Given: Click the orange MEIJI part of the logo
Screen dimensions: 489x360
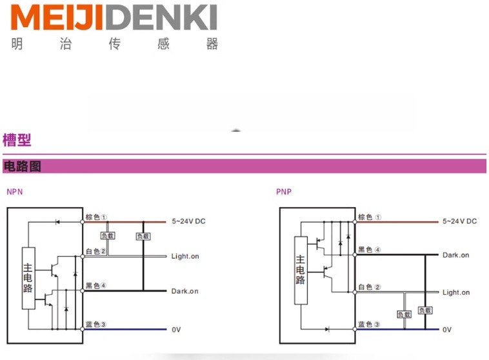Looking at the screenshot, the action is (x=57, y=17).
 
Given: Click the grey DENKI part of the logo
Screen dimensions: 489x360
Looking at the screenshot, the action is (x=161, y=17).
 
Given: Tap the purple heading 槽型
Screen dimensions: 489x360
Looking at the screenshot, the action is (x=17, y=140).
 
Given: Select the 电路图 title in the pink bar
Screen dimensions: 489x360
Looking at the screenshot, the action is (x=22, y=166).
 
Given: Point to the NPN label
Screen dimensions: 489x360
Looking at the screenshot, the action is (x=15, y=192).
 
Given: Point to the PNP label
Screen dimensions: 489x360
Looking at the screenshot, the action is (x=284, y=192).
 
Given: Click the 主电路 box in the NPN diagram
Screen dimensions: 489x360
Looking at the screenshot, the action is (x=28, y=278).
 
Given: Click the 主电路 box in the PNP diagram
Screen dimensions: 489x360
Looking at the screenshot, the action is (x=301, y=270).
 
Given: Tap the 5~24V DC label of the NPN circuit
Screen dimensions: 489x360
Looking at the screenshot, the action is (x=188, y=221).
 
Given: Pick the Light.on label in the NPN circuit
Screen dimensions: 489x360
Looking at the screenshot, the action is (x=185, y=256).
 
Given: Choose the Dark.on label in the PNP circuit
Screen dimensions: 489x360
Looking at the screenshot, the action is (x=456, y=255).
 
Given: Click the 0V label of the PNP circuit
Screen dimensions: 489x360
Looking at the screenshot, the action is (x=447, y=330).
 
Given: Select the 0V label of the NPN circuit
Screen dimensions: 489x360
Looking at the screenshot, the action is (x=176, y=330).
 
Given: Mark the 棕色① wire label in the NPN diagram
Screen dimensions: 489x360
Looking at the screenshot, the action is (x=96, y=217).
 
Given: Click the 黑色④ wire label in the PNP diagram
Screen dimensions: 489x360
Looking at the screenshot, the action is (x=370, y=250).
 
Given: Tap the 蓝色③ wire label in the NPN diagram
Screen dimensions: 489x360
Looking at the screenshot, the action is (x=96, y=325).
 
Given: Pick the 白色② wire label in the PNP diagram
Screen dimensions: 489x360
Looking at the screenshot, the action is (x=370, y=287).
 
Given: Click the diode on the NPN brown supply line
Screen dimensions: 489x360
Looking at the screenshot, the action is (x=57, y=222).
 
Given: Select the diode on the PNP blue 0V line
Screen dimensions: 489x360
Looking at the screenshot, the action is (x=327, y=329).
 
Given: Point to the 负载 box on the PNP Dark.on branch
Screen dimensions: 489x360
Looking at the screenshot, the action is (x=425, y=310).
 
